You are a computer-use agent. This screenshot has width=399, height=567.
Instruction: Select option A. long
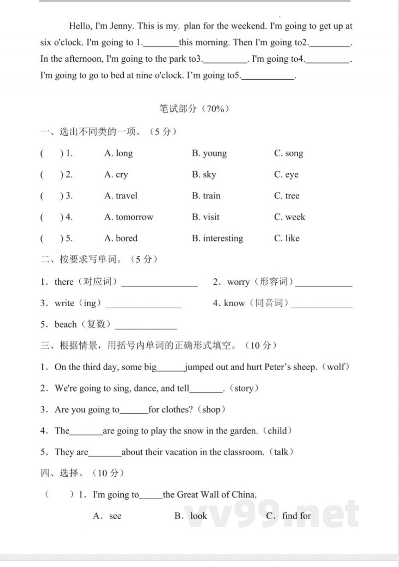click(118, 153)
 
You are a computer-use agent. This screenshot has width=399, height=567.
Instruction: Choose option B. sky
click(204, 175)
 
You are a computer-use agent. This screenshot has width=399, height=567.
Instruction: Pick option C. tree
click(287, 195)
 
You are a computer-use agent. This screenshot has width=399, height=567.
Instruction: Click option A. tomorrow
click(129, 217)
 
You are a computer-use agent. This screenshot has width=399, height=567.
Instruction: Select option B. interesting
click(217, 238)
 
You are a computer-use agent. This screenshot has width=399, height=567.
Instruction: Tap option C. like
click(287, 238)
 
